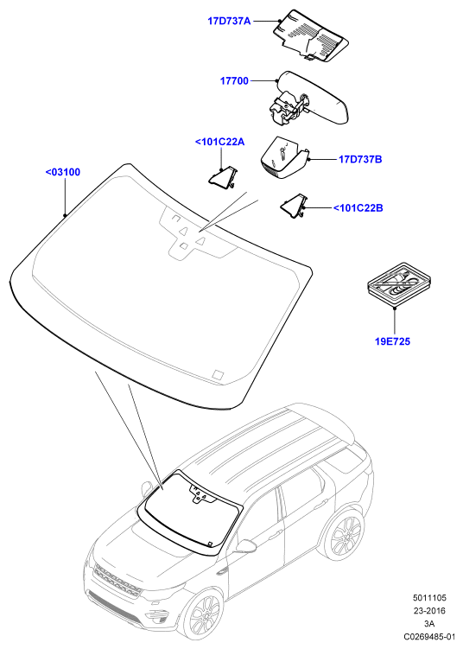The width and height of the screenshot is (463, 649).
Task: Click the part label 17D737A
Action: click(x=229, y=21)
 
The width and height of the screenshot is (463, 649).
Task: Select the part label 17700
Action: click(x=234, y=80)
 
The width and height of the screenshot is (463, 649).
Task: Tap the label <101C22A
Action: click(x=219, y=142)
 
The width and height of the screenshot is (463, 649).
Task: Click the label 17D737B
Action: click(x=360, y=159)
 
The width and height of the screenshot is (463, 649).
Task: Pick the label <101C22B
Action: click(x=358, y=207)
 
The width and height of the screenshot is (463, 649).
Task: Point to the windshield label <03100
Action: click(x=63, y=172)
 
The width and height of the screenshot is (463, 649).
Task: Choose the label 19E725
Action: click(x=393, y=341)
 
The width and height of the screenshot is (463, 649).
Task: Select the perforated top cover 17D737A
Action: click(x=311, y=35)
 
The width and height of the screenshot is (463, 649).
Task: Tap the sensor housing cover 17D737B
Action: click(x=285, y=156)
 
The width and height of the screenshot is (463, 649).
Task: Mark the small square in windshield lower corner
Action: click(x=218, y=374)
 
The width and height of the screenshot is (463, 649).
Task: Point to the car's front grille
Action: click(x=117, y=580)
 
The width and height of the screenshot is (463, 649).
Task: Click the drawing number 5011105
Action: click(x=429, y=598)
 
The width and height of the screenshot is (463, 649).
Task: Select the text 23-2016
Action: click(x=429, y=610)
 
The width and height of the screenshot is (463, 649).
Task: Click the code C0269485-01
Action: click(x=429, y=637)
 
